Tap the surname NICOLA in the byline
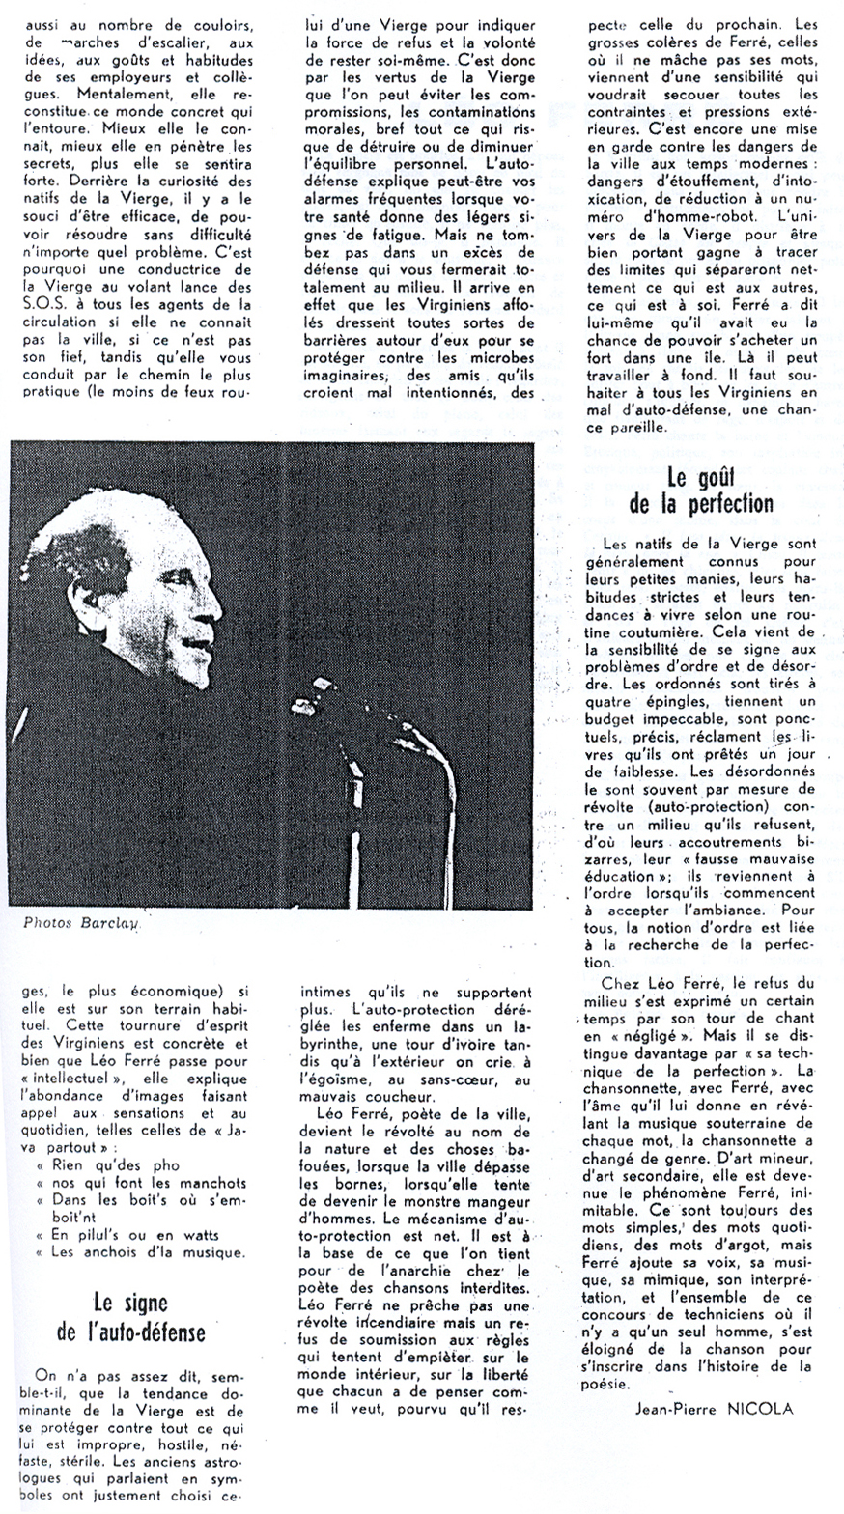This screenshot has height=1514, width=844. click(x=762, y=1408)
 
